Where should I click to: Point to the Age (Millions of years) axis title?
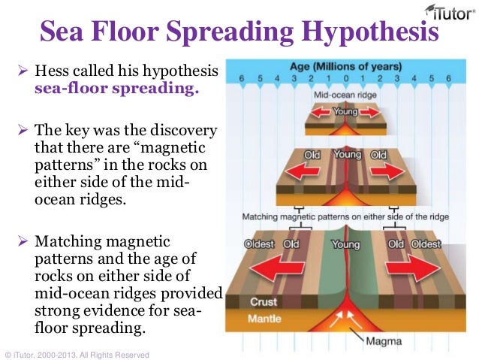point(345,64)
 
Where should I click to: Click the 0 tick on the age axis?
point(345,77)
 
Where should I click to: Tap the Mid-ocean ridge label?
point(345,95)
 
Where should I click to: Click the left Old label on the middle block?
point(312,155)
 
